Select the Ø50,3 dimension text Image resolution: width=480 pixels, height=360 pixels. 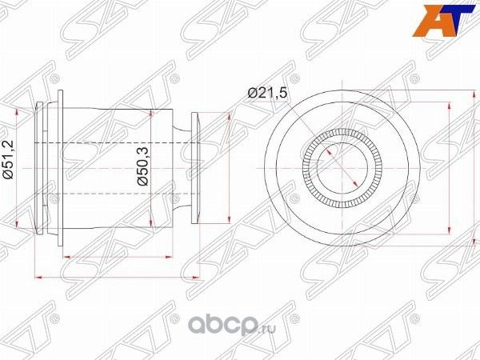coord(141,168)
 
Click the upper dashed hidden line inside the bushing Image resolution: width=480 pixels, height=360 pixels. coord(120,142)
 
